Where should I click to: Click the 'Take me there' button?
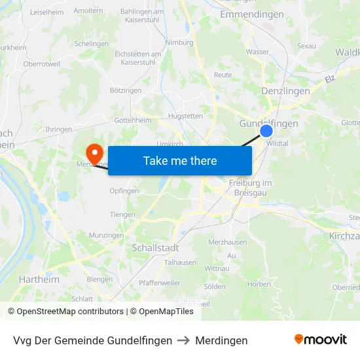coord(180,160)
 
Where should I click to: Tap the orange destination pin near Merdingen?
coord(95,153)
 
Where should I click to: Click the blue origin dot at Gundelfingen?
coord(266,131)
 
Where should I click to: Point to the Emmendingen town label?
coord(252,14)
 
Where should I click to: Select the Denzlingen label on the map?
coord(285,91)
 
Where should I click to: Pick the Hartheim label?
coord(39,279)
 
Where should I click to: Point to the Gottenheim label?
coord(133,120)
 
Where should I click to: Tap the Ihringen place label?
coord(59,130)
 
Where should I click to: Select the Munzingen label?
coord(106,235)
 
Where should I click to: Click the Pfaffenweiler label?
coord(160,283)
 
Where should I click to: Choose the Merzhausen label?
coord(226,242)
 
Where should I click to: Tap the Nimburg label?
coord(179,43)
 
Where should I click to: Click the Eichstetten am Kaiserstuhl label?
coord(137,58)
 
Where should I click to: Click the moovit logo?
coord(320,340)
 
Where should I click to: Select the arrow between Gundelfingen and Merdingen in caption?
coord(184,340)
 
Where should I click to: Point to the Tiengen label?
coord(122,215)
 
